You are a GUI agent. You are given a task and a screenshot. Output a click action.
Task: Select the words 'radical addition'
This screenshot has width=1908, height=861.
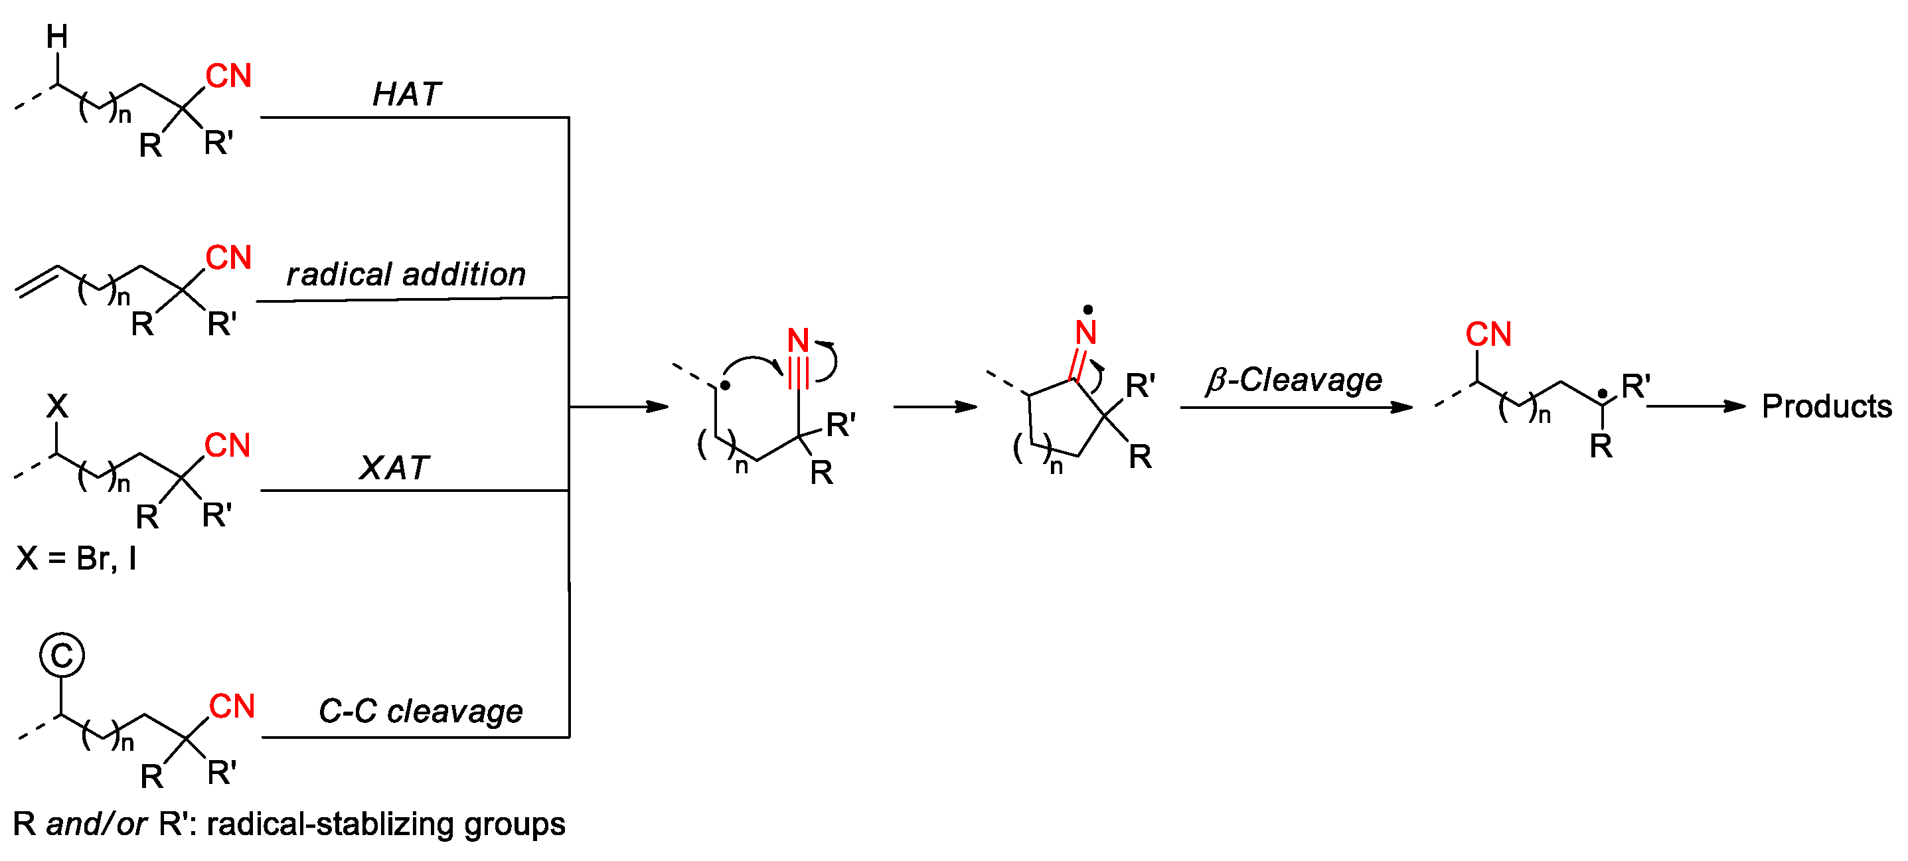[406, 275]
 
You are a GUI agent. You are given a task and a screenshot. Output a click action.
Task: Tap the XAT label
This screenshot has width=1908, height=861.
[394, 468]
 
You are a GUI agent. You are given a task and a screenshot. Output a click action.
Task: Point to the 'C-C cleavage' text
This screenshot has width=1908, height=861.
[421, 712]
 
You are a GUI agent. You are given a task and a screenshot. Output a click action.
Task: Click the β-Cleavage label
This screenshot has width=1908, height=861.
[1293, 380]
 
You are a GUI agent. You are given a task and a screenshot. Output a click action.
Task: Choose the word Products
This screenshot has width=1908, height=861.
[1826, 406]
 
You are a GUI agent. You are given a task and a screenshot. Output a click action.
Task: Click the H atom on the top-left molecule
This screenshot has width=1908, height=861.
[57, 37]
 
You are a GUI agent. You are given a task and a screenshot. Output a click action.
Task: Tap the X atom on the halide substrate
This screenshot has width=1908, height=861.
[57, 406]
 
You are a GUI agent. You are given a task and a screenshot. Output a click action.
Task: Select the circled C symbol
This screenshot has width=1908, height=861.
[62, 655]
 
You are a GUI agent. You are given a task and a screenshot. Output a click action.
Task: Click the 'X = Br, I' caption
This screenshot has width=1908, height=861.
[76, 558]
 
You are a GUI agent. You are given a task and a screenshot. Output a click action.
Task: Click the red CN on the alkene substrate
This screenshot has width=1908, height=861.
[228, 258]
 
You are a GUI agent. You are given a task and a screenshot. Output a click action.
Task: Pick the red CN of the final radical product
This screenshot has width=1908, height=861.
[1488, 335]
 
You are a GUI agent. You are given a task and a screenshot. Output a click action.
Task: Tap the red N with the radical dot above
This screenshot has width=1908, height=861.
[1086, 333]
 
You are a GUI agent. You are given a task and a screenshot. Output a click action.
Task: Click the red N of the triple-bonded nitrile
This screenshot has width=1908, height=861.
[799, 341]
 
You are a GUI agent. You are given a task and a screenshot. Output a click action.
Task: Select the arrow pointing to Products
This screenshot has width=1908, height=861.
[1696, 406]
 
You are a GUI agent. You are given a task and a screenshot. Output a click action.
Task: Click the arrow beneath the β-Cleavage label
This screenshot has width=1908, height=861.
[1296, 407]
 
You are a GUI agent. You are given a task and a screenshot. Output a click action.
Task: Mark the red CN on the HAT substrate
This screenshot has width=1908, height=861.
[228, 76]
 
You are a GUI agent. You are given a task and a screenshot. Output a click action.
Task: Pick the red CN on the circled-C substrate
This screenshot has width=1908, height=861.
[232, 707]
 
